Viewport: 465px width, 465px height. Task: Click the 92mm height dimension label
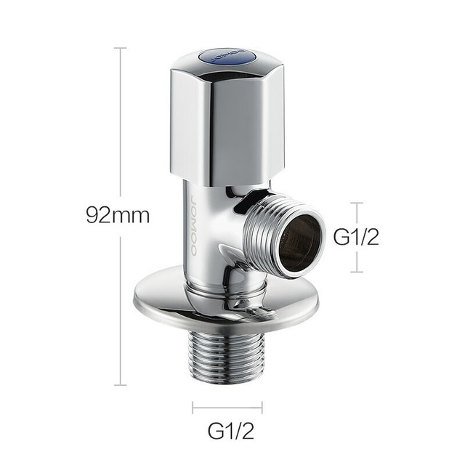click(118, 216)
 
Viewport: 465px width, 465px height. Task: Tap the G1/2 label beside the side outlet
click(356, 237)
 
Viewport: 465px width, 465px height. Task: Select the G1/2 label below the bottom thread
click(231, 431)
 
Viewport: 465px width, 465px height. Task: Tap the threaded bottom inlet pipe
click(227, 357)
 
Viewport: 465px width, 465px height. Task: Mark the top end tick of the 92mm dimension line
click(121, 48)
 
